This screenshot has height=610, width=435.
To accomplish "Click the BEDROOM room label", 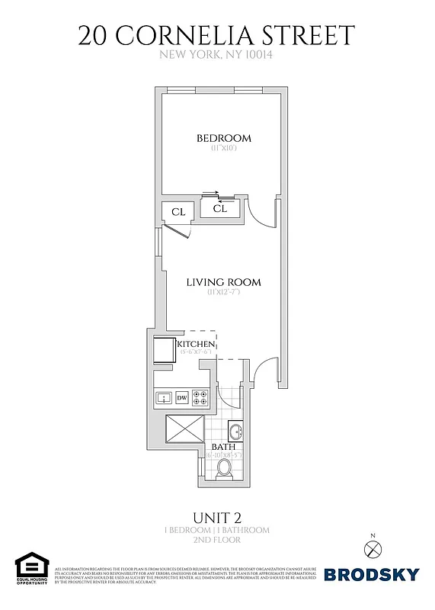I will [x=224, y=138].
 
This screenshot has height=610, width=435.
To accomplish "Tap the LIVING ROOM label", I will [x=224, y=282].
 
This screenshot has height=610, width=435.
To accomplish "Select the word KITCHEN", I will [x=197, y=345].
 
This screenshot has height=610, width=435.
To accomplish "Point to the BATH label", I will [x=222, y=446].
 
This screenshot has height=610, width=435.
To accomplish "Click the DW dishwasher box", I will [x=182, y=397].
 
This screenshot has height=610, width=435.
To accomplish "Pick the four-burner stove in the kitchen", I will [x=200, y=397].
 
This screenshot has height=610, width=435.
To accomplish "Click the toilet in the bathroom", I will [x=225, y=467].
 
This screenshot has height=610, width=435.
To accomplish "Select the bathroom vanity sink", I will [x=235, y=432].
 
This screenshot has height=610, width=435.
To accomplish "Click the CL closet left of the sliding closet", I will [x=178, y=212].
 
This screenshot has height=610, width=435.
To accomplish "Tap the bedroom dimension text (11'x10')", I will [x=224, y=149].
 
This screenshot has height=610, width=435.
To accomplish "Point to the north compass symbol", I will [x=371, y=547].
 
